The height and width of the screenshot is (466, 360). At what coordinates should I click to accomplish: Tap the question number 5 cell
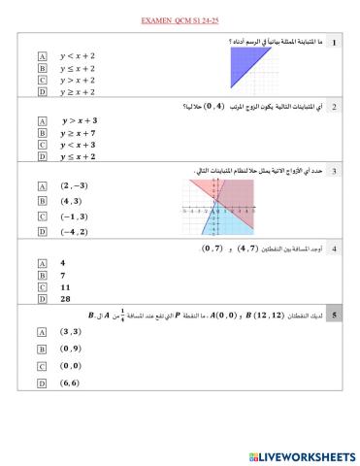tap(334, 316)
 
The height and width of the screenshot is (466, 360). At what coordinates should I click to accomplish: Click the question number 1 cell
tap(334, 43)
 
